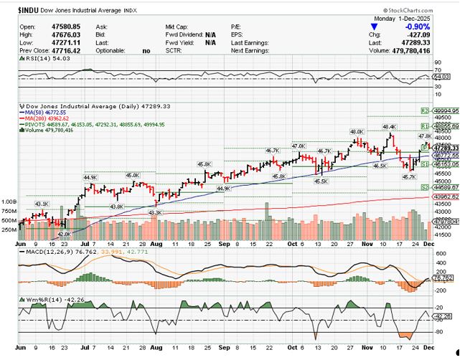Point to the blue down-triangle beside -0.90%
pyautogui.click(x=372, y=27)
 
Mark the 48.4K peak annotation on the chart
pyautogui.click(x=388, y=128)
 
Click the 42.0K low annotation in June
pyautogui.click(x=64, y=234)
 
